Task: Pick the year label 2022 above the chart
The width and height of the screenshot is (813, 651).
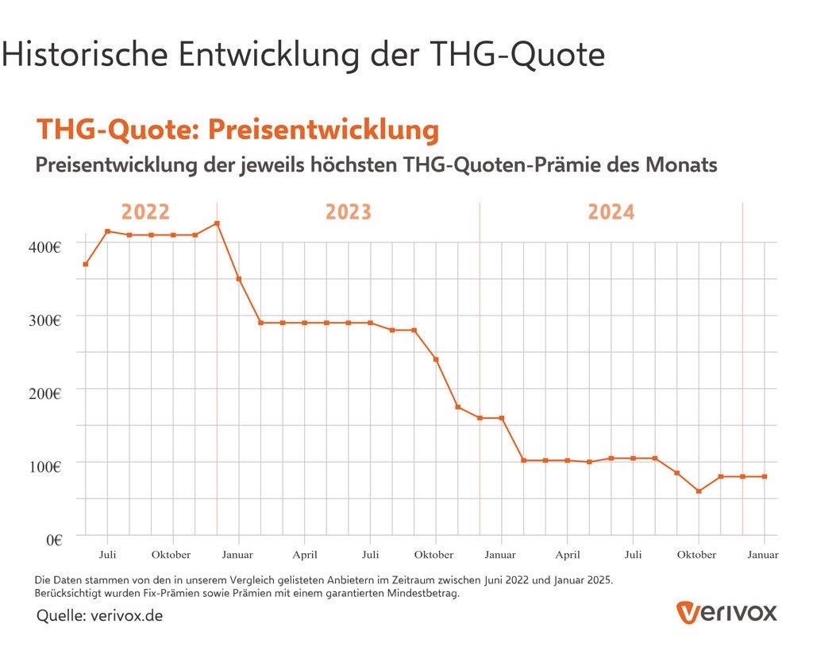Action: pyautogui.click(x=145, y=213)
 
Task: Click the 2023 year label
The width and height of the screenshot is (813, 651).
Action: pyautogui.click(x=349, y=213)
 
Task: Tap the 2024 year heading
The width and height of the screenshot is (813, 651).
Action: pyautogui.click(x=611, y=213)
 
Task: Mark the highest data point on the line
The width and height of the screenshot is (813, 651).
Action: pyautogui.click(x=217, y=223)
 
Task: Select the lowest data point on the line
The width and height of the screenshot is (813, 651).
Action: pyautogui.click(x=699, y=491)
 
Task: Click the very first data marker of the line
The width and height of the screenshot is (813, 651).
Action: pyautogui.click(x=85, y=264)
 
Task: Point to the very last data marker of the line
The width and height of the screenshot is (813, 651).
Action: pyautogui.click(x=765, y=476)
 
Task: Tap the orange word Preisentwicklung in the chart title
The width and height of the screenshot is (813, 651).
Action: pyautogui.click(x=323, y=130)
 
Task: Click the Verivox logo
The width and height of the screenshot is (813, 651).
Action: pyautogui.click(x=726, y=612)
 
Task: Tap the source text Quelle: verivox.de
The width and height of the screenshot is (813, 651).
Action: pyautogui.click(x=100, y=616)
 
